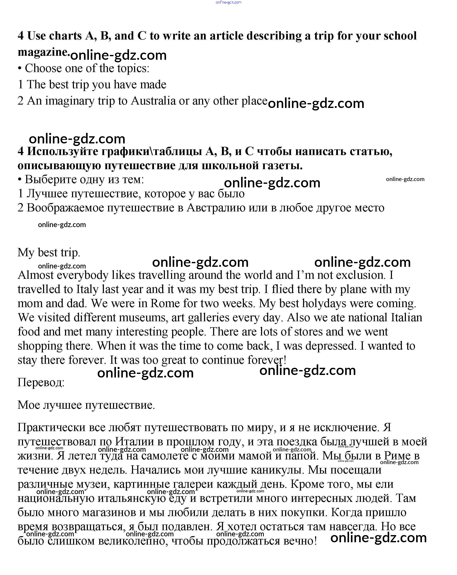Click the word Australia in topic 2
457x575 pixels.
tap(153, 101)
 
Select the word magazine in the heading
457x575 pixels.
tap(43, 52)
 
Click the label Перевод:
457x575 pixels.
tap(41, 382)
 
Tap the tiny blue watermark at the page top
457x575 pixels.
tap(228, 2)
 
